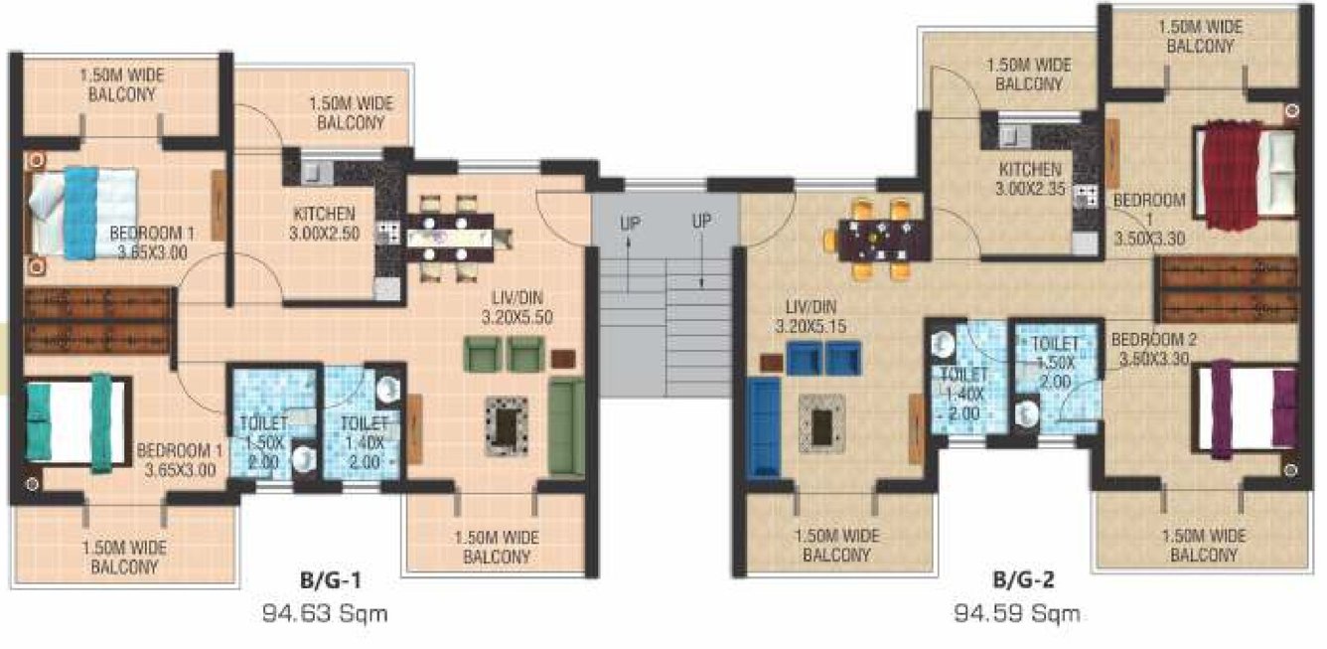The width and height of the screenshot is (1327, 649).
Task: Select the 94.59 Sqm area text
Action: pos(1016,613)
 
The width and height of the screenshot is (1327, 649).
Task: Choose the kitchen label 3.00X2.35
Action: pos(1031,179)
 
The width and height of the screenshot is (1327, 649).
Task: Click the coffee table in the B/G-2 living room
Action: pos(821,422)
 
